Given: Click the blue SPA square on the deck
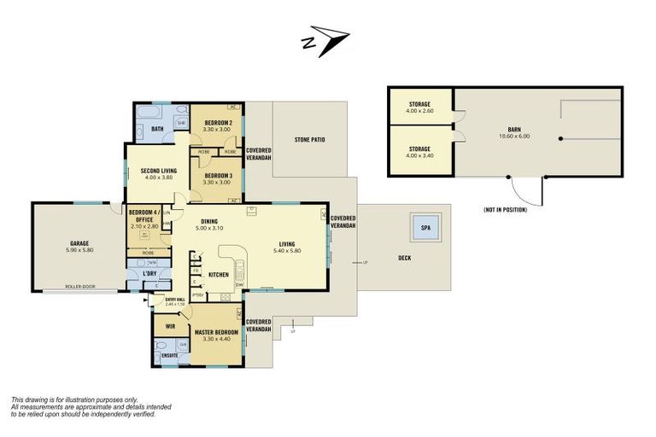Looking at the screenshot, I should click(x=425, y=228).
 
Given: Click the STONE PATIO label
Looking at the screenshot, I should click(x=309, y=139).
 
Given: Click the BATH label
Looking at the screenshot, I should click(x=157, y=129).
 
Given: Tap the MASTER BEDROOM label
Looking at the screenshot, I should click(x=216, y=332).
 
